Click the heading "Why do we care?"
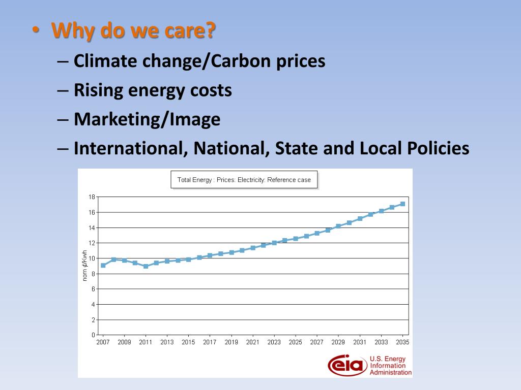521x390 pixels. click(x=133, y=32)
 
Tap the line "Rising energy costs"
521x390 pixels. click(x=153, y=90)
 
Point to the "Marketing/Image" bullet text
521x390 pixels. click(x=147, y=120)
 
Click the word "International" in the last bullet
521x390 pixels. click(x=129, y=149)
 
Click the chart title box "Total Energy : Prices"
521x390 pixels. click(x=244, y=180)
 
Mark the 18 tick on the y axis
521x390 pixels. click(x=92, y=197)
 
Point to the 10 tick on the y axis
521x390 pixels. click(x=92, y=258)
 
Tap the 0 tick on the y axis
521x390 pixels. click(x=93, y=335)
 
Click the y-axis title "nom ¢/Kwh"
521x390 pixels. click(x=85, y=266)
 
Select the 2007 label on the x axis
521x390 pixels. click(x=103, y=342)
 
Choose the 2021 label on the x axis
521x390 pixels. click(x=253, y=342)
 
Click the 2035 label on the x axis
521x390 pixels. click(x=402, y=342)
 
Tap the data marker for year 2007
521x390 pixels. click(x=103, y=265)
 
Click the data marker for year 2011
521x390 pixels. click(x=146, y=266)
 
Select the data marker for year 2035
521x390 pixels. click(x=402, y=204)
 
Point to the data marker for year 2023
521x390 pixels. click(x=274, y=243)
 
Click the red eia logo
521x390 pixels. click(x=348, y=365)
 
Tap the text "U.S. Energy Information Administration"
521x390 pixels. click(x=390, y=366)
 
